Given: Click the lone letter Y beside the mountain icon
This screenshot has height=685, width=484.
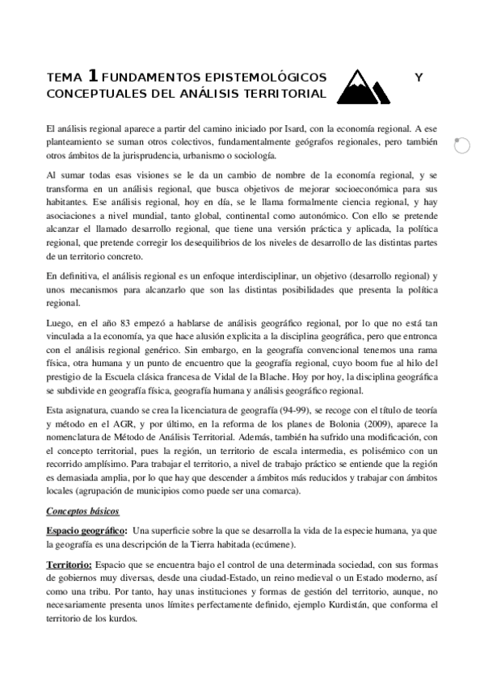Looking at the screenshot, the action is pyautogui.click(x=418, y=78).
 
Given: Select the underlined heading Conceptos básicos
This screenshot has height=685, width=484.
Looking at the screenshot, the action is pyautogui.click(x=82, y=511).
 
